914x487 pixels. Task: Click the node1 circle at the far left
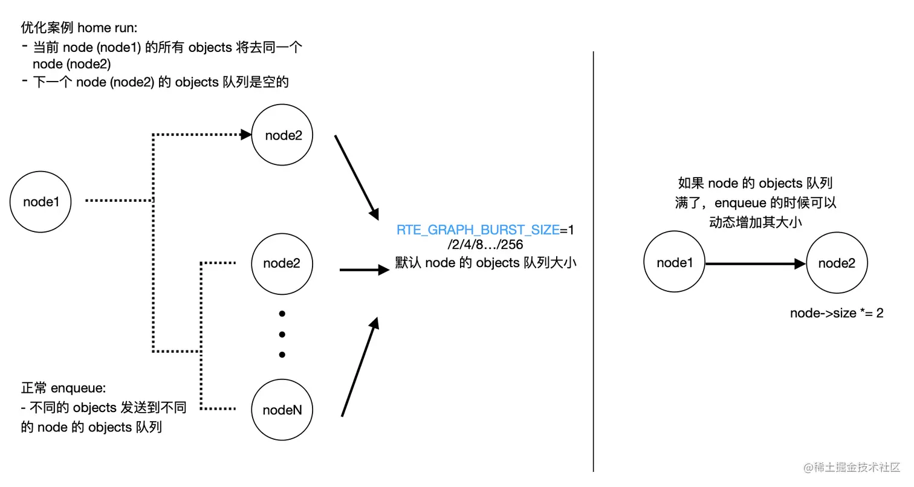click(41, 202)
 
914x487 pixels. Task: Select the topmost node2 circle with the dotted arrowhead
click(283, 135)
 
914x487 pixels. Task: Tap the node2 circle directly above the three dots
click(282, 263)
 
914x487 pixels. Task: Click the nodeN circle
click(282, 410)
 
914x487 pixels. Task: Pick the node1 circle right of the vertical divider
click(674, 263)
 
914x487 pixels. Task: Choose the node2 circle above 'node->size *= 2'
click(837, 263)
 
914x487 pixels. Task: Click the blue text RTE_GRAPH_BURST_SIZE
click(478, 230)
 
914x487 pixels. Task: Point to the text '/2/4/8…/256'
click(485, 245)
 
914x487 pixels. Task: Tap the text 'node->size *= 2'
click(837, 313)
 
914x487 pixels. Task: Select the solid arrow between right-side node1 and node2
click(756, 263)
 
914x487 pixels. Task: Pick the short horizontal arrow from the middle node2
click(365, 269)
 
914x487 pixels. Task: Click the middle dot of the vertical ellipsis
click(282, 334)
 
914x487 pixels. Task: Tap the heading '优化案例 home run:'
click(79, 28)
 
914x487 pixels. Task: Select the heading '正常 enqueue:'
click(63, 389)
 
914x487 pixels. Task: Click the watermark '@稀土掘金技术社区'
click(851, 467)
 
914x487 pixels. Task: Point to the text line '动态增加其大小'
click(756, 222)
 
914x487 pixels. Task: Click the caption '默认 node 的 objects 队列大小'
click(485, 263)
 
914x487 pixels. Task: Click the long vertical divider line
click(594, 260)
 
